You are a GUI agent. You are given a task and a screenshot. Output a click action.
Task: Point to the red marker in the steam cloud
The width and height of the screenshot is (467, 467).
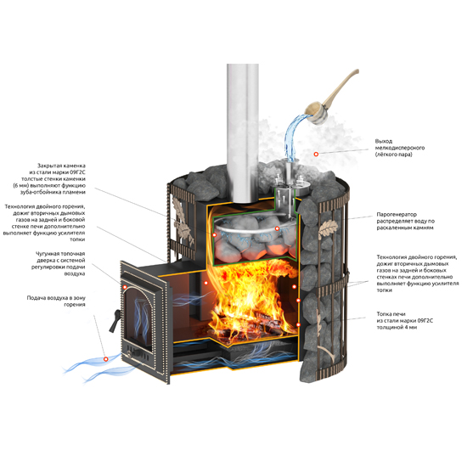(x=316, y=154)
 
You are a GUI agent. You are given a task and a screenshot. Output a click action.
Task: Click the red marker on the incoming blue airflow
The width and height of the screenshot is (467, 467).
(x=106, y=359)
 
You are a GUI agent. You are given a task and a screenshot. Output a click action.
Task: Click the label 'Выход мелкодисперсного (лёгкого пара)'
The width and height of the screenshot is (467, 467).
(x=399, y=148)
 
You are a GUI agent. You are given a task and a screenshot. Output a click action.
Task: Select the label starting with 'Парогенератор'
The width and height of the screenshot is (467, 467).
(x=405, y=221)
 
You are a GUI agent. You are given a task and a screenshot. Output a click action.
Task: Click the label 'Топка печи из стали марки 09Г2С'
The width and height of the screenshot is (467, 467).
(x=404, y=321)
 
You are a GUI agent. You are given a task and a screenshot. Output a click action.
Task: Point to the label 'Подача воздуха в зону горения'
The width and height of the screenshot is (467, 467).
(x=56, y=301)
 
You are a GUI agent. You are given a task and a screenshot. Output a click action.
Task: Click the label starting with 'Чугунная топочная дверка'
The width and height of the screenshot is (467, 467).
(x=58, y=263)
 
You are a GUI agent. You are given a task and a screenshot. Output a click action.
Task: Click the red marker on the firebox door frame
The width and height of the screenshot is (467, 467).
(x=125, y=287)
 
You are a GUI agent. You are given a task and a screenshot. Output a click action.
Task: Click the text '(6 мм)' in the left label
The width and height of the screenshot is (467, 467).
(x=21, y=186)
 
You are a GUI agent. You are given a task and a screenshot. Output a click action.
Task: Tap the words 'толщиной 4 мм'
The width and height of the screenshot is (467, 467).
(x=397, y=327)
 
